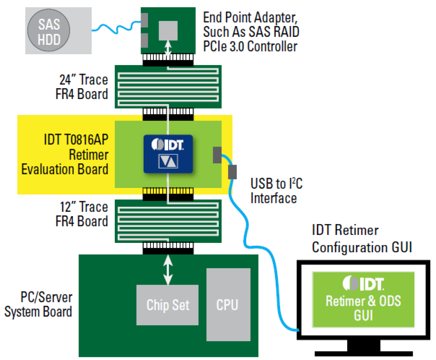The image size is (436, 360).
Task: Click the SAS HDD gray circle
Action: pos(49,31)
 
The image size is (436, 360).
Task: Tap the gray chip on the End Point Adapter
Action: pos(168,30)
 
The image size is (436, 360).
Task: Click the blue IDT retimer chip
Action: pos(168,154)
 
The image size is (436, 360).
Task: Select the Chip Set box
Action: pos(167,305)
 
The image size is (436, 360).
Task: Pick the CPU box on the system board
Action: pos(228,304)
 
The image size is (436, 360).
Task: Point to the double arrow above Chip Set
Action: pos(168,270)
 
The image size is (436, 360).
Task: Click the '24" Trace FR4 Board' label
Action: pos(82,87)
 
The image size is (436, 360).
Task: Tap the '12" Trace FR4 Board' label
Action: pos(82,214)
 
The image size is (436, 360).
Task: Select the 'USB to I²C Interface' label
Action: pos(276,191)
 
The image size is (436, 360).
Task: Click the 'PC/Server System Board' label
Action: pos(39,304)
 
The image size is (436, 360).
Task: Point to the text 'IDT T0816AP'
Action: pos(76,140)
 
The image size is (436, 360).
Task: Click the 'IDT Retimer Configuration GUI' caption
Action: pos(361,239)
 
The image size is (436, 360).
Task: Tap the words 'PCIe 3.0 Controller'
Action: pos(250,47)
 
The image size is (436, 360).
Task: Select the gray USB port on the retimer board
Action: pos(217,155)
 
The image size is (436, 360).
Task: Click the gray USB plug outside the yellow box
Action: pos(232,172)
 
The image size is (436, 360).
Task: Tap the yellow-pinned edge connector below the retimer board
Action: pos(168,194)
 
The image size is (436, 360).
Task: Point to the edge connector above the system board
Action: pos(168,248)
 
